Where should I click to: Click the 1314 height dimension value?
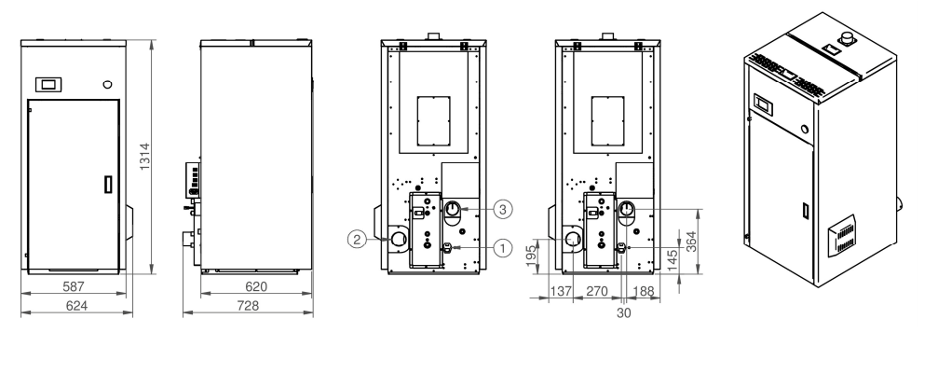(144, 157)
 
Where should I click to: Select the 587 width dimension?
(74, 286)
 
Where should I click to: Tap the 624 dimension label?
(76, 306)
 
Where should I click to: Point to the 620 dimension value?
(256, 286)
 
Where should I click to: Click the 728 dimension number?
(249, 306)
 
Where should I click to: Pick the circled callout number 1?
(503, 247)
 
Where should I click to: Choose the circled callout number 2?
(357, 240)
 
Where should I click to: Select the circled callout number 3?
(503, 209)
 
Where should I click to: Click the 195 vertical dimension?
(531, 256)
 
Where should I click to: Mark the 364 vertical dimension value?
(691, 241)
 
